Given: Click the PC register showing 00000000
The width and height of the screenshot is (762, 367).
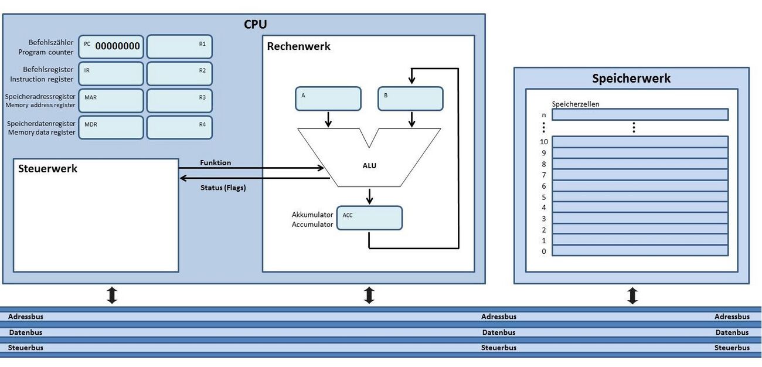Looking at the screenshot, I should (x=111, y=47).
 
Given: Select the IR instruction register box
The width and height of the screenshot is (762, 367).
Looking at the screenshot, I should (x=111, y=74).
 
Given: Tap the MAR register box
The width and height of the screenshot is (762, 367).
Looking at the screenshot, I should (x=111, y=100).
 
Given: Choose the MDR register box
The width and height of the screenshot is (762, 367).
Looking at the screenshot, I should (x=111, y=127).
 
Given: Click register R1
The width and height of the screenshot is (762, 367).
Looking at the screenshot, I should (x=179, y=47).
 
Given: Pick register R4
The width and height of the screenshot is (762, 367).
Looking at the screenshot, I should (x=179, y=127).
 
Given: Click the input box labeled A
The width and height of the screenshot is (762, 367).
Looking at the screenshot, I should (x=328, y=98).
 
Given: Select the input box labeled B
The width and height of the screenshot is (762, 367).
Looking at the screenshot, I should (x=410, y=98).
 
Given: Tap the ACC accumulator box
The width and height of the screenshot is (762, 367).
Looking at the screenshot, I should (x=369, y=218).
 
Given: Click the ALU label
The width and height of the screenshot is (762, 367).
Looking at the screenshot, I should (x=369, y=165).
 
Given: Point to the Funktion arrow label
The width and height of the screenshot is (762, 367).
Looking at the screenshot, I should (x=215, y=162).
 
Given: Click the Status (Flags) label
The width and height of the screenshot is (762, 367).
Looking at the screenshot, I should (x=223, y=188).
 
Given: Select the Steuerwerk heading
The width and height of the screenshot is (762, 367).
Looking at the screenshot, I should (x=47, y=169).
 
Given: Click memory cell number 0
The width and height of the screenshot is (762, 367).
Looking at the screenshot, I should (x=639, y=251).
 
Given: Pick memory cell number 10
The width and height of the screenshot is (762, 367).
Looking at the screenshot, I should (x=639, y=142).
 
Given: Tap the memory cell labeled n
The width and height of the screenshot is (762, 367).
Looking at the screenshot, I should (x=639, y=114).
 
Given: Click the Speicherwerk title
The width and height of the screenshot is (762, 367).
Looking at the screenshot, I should (x=631, y=79).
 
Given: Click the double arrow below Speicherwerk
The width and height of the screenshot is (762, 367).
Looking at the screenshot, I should (x=632, y=295).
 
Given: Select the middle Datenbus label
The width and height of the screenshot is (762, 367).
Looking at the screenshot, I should (x=498, y=332).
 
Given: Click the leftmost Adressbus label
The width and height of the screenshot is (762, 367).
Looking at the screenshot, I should (x=26, y=317).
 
